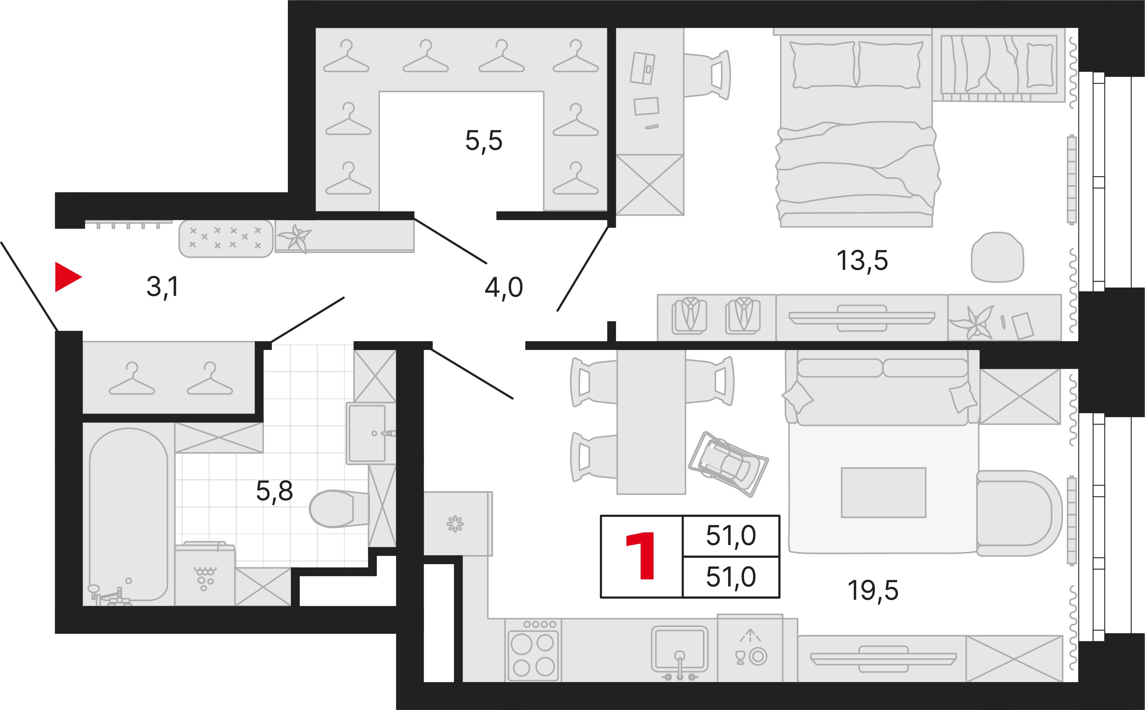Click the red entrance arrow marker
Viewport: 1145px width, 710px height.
click(68, 277)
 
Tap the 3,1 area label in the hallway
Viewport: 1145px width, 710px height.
click(162, 286)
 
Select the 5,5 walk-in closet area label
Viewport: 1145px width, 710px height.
click(484, 140)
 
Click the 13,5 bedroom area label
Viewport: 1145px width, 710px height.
click(862, 261)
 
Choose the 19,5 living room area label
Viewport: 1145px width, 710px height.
click(873, 591)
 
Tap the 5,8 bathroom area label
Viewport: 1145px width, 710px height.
click(274, 491)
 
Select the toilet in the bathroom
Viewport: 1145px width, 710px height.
click(339, 508)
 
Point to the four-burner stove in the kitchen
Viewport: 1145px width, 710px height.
click(533, 650)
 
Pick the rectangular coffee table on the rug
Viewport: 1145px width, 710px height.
click(884, 493)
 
